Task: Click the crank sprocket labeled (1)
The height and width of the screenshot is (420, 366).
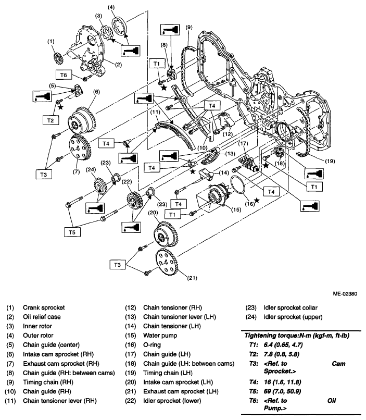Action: [58, 58]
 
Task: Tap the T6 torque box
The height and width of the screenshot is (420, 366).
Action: [64, 75]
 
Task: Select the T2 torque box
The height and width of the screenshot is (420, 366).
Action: [51, 120]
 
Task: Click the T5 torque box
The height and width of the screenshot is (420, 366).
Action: [72, 232]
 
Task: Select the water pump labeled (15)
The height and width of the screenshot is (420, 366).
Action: [216, 197]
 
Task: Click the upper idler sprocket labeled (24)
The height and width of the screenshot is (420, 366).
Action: [100, 186]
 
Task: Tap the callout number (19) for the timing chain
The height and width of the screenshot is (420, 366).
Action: [330, 161]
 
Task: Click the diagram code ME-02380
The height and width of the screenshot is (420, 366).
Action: [345, 293]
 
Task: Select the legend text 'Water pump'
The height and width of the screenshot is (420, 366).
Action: [160, 336]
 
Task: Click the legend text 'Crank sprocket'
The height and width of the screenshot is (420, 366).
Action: [44, 307]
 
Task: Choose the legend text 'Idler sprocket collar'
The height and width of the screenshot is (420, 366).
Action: [291, 307]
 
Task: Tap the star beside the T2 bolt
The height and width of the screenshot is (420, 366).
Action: [61, 107]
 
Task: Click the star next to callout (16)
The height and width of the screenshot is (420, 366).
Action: [257, 200]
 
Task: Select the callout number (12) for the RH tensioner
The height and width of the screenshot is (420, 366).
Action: [228, 134]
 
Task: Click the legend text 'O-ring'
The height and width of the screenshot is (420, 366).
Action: [152, 345]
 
